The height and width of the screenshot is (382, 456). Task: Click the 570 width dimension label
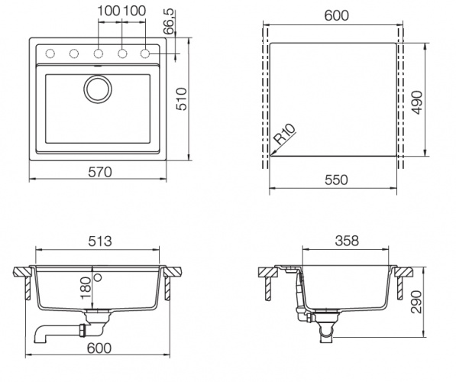(100, 172)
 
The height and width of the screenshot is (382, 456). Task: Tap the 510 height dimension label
(182, 99)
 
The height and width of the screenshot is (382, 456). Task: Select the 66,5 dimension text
(169, 21)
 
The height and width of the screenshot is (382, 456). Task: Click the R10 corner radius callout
(285, 134)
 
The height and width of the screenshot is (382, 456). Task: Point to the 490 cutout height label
(417, 102)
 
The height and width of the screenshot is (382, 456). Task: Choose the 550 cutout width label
(336, 180)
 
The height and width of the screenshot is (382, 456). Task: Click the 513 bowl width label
(100, 241)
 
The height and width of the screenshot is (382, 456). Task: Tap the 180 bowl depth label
(86, 288)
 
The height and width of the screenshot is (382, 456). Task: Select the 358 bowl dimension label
(347, 241)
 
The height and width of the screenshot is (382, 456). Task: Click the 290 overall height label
(416, 302)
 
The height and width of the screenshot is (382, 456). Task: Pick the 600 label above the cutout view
(337, 15)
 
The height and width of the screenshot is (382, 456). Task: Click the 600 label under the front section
(99, 348)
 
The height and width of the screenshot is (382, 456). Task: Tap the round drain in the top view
(98, 89)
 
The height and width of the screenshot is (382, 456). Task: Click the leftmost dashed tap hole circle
(50, 53)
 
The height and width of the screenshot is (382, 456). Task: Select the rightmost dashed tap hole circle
(145, 53)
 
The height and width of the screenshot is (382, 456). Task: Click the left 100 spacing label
(108, 11)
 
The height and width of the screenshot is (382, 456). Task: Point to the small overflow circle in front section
(99, 277)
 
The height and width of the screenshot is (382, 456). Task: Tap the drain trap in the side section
(325, 327)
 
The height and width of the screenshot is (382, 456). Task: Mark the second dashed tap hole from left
(74, 53)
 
